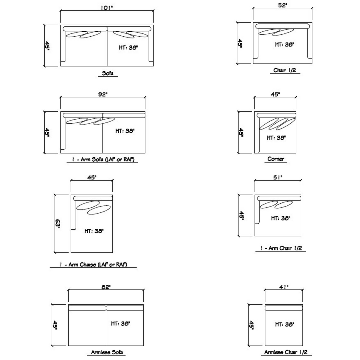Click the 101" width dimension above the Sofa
tap(107, 8)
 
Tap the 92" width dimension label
tap(103, 94)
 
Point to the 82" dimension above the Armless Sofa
tap(106, 287)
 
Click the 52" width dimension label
tap(283, 5)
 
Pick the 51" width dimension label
tap(278, 177)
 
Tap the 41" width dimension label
tap(284, 287)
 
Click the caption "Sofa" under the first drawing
tap(108, 73)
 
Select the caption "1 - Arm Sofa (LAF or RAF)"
tap(103, 159)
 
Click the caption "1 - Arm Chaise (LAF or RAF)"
tap(93, 264)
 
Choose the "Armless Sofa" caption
tap(107, 352)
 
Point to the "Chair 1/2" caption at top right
tap(285, 70)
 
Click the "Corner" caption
tap(276, 159)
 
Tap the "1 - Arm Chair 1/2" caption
tap(281, 248)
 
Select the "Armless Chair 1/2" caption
tap(286, 352)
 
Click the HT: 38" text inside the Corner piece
tap(276, 138)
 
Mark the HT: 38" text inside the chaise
tap(94, 231)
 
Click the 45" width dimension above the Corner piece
tap(275, 94)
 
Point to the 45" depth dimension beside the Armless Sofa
tap(55, 325)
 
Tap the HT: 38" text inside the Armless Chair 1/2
tap(285, 324)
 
